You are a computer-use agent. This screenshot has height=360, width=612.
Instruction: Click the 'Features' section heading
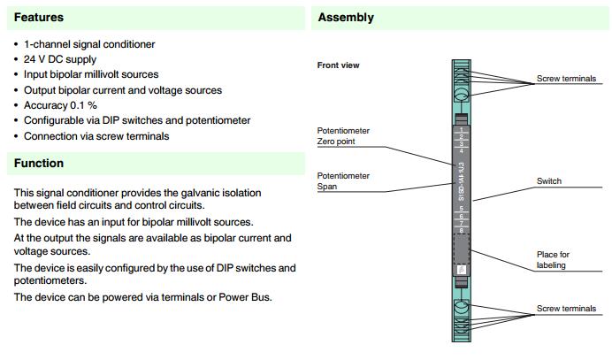(x=38, y=17)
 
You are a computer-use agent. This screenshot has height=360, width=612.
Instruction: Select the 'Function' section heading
(x=39, y=164)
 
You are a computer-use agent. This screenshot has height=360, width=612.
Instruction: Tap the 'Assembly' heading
(x=346, y=17)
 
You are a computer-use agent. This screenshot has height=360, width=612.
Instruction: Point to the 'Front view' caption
(x=338, y=65)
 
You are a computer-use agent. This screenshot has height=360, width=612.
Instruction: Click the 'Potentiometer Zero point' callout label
(x=343, y=135)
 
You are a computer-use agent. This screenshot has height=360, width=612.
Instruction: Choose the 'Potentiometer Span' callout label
(x=343, y=181)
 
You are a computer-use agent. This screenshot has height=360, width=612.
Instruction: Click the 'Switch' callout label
(x=549, y=181)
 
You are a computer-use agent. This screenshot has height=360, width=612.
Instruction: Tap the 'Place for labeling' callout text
(x=554, y=259)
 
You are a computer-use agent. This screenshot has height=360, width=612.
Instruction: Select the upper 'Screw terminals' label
(x=566, y=79)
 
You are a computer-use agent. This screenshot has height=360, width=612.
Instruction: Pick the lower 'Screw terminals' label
(x=566, y=309)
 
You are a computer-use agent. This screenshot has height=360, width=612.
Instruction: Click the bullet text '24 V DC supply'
(x=59, y=58)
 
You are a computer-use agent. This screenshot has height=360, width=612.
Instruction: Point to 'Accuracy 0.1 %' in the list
(x=66, y=105)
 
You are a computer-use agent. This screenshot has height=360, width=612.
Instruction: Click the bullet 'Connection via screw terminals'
(x=96, y=136)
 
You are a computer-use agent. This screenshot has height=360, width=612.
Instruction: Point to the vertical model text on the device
(x=461, y=181)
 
